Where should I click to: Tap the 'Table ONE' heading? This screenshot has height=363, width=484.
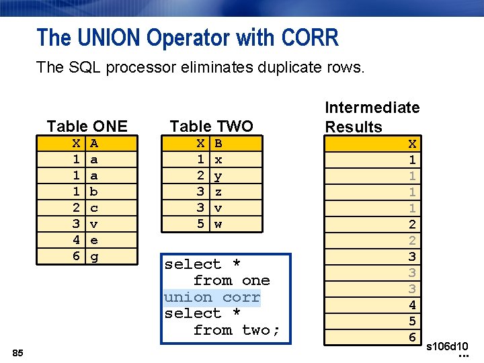(87, 126)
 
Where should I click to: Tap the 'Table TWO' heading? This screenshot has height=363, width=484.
(211, 126)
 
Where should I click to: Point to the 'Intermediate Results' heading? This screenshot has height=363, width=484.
(372, 117)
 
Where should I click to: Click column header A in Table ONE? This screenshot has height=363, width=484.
(95, 143)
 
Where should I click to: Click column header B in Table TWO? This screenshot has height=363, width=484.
(218, 143)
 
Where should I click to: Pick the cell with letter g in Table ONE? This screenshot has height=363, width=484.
(95, 256)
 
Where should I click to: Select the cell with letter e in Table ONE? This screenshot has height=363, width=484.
(95, 240)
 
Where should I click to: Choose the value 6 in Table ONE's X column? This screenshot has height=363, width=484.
(77, 256)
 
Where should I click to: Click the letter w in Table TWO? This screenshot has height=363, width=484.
(218, 224)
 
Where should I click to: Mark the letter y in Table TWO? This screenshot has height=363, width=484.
(218, 175)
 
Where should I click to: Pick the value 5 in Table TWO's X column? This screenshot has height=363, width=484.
(200, 224)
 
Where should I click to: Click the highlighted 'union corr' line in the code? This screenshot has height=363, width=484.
(212, 297)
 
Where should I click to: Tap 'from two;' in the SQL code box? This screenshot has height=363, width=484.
(236, 330)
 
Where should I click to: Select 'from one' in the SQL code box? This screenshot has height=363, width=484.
(231, 280)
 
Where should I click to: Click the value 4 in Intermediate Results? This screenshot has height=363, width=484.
(412, 305)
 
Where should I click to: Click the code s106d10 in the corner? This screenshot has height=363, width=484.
(448, 346)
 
